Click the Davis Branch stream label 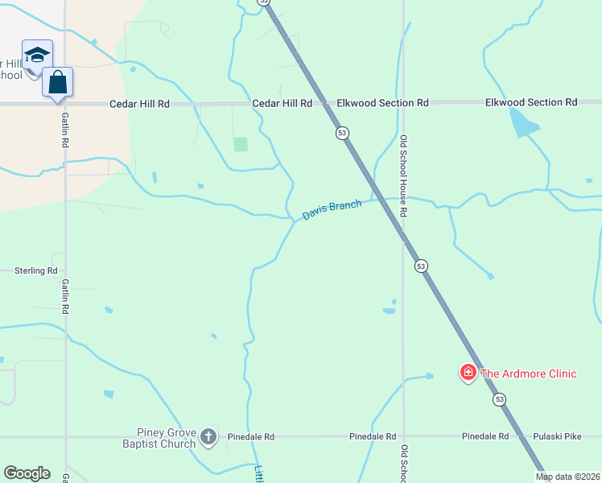[x=332, y=210]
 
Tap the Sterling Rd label [x=36, y=271]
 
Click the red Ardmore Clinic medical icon [x=468, y=373]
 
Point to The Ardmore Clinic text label [x=528, y=374]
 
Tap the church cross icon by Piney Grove [x=208, y=437]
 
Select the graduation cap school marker [x=37, y=55]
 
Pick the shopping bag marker [x=58, y=81]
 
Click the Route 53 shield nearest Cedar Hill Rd [x=343, y=133]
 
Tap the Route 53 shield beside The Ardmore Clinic [x=500, y=399]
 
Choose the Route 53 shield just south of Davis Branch [x=420, y=266]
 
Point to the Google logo [x=27, y=473]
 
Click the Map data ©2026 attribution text [x=567, y=477]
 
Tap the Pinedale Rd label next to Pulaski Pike [x=485, y=436]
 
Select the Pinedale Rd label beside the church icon [x=251, y=436]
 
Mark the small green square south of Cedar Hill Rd [x=241, y=144]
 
